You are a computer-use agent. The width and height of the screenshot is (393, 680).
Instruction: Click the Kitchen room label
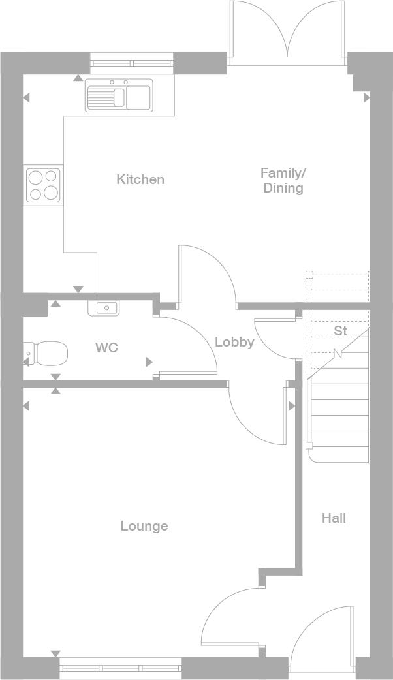140,179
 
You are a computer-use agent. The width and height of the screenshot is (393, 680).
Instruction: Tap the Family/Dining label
283,180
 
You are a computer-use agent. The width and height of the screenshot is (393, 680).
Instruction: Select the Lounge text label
144,526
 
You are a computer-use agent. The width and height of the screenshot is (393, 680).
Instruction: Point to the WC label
106,347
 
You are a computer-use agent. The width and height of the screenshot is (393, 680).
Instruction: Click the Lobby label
234,342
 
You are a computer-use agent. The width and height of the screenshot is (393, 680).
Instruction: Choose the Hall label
334,518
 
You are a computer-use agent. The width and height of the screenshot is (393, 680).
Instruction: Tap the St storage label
341,330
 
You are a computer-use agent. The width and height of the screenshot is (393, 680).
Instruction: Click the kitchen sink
119,95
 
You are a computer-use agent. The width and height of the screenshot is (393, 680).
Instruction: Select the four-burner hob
43,185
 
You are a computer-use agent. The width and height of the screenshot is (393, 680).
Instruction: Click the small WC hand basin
103,308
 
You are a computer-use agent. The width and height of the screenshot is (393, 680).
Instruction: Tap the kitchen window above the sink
132,63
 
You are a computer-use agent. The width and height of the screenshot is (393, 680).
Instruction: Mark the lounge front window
120,668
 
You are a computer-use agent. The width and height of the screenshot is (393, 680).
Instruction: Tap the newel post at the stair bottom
309,445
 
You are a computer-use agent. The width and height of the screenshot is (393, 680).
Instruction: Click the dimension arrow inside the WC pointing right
149,362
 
